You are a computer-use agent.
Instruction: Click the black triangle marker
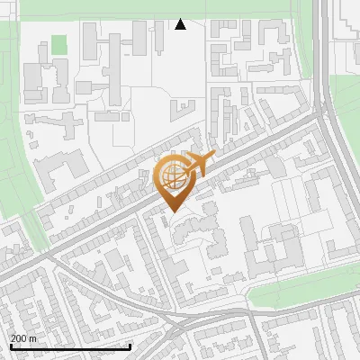tap(180, 24)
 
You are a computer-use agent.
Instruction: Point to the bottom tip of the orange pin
tap(172, 212)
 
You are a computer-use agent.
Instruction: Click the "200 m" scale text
tap(23, 338)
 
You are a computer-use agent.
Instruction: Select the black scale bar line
tap(70, 346)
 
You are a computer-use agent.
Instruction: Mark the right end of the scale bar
tap(130, 346)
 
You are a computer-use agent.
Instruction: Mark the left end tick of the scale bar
tap(10, 346)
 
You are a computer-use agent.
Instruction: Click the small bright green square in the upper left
tap(59, 44)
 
